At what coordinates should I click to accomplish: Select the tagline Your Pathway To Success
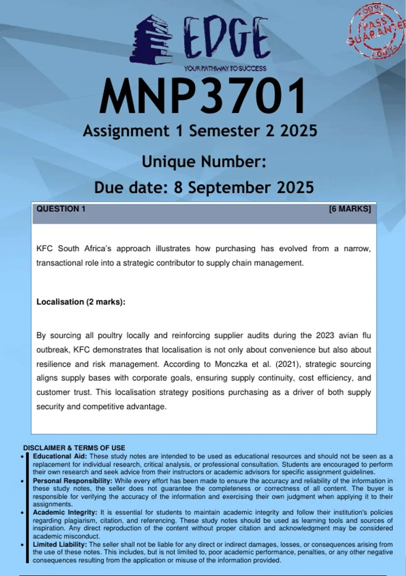[x=225, y=68]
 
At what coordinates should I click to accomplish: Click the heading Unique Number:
[x=204, y=162]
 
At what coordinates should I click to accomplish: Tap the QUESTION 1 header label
[x=61, y=209]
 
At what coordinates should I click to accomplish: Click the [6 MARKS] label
[x=350, y=209]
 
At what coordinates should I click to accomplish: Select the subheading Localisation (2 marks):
[x=81, y=302]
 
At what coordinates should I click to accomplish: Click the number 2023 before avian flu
[x=325, y=335]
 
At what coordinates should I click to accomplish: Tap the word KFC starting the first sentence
[x=44, y=249]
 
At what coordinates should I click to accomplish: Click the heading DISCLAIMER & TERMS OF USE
[x=74, y=448]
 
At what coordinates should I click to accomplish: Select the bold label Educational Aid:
[x=60, y=456]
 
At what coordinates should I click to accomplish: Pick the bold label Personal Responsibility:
[x=72, y=481]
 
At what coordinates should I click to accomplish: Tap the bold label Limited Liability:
[x=60, y=544]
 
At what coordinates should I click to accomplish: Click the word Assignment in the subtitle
[x=126, y=131]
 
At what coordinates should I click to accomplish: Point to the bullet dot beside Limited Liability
[x=22, y=545]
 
